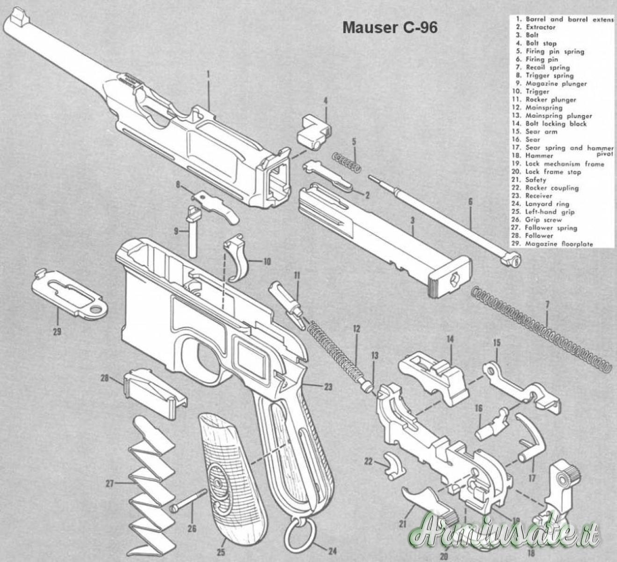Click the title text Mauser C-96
(390, 28)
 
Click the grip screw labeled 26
(189, 500)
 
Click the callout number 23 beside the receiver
(327, 387)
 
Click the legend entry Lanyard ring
(547, 204)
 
